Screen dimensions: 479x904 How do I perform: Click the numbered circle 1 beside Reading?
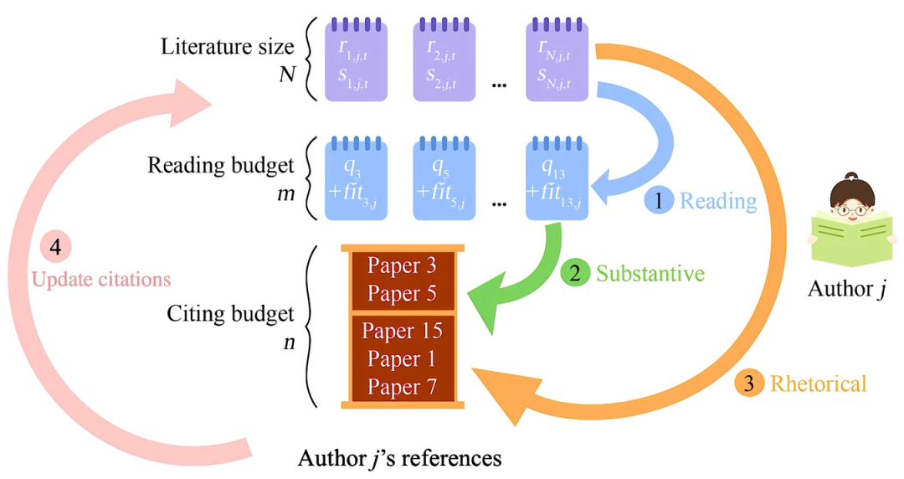(x=659, y=200)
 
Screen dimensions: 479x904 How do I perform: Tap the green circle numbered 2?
(x=575, y=272)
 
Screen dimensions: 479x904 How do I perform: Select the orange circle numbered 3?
(x=749, y=384)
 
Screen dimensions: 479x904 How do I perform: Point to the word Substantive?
(x=650, y=273)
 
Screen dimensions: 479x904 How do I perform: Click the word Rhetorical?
(x=818, y=384)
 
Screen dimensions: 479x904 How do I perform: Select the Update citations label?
(x=101, y=279)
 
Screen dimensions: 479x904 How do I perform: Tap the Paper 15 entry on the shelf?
(x=402, y=331)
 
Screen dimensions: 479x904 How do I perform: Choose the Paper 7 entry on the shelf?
(x=402, y=388)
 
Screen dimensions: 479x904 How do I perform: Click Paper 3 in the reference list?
(x=402, y=266)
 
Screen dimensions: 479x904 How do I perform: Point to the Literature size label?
(x=228, y=46)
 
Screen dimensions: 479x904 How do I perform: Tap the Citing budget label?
(x=231, y=314)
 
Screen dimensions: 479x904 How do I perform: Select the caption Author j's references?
(x=400, y=458)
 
